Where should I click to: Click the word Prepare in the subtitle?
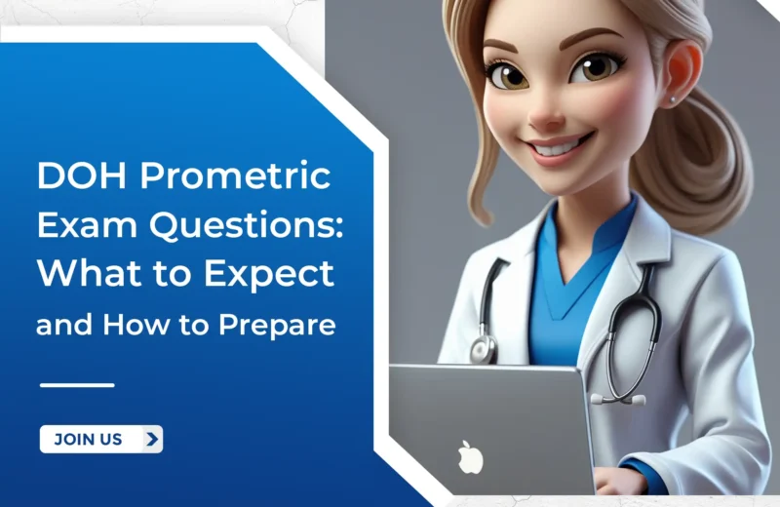click(286, 325)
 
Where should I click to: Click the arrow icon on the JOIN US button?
click(151, 439)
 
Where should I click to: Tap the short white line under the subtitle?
click(77, 385)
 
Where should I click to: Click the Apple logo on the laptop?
click(470, 456)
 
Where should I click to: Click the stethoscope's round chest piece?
click(481, 348)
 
